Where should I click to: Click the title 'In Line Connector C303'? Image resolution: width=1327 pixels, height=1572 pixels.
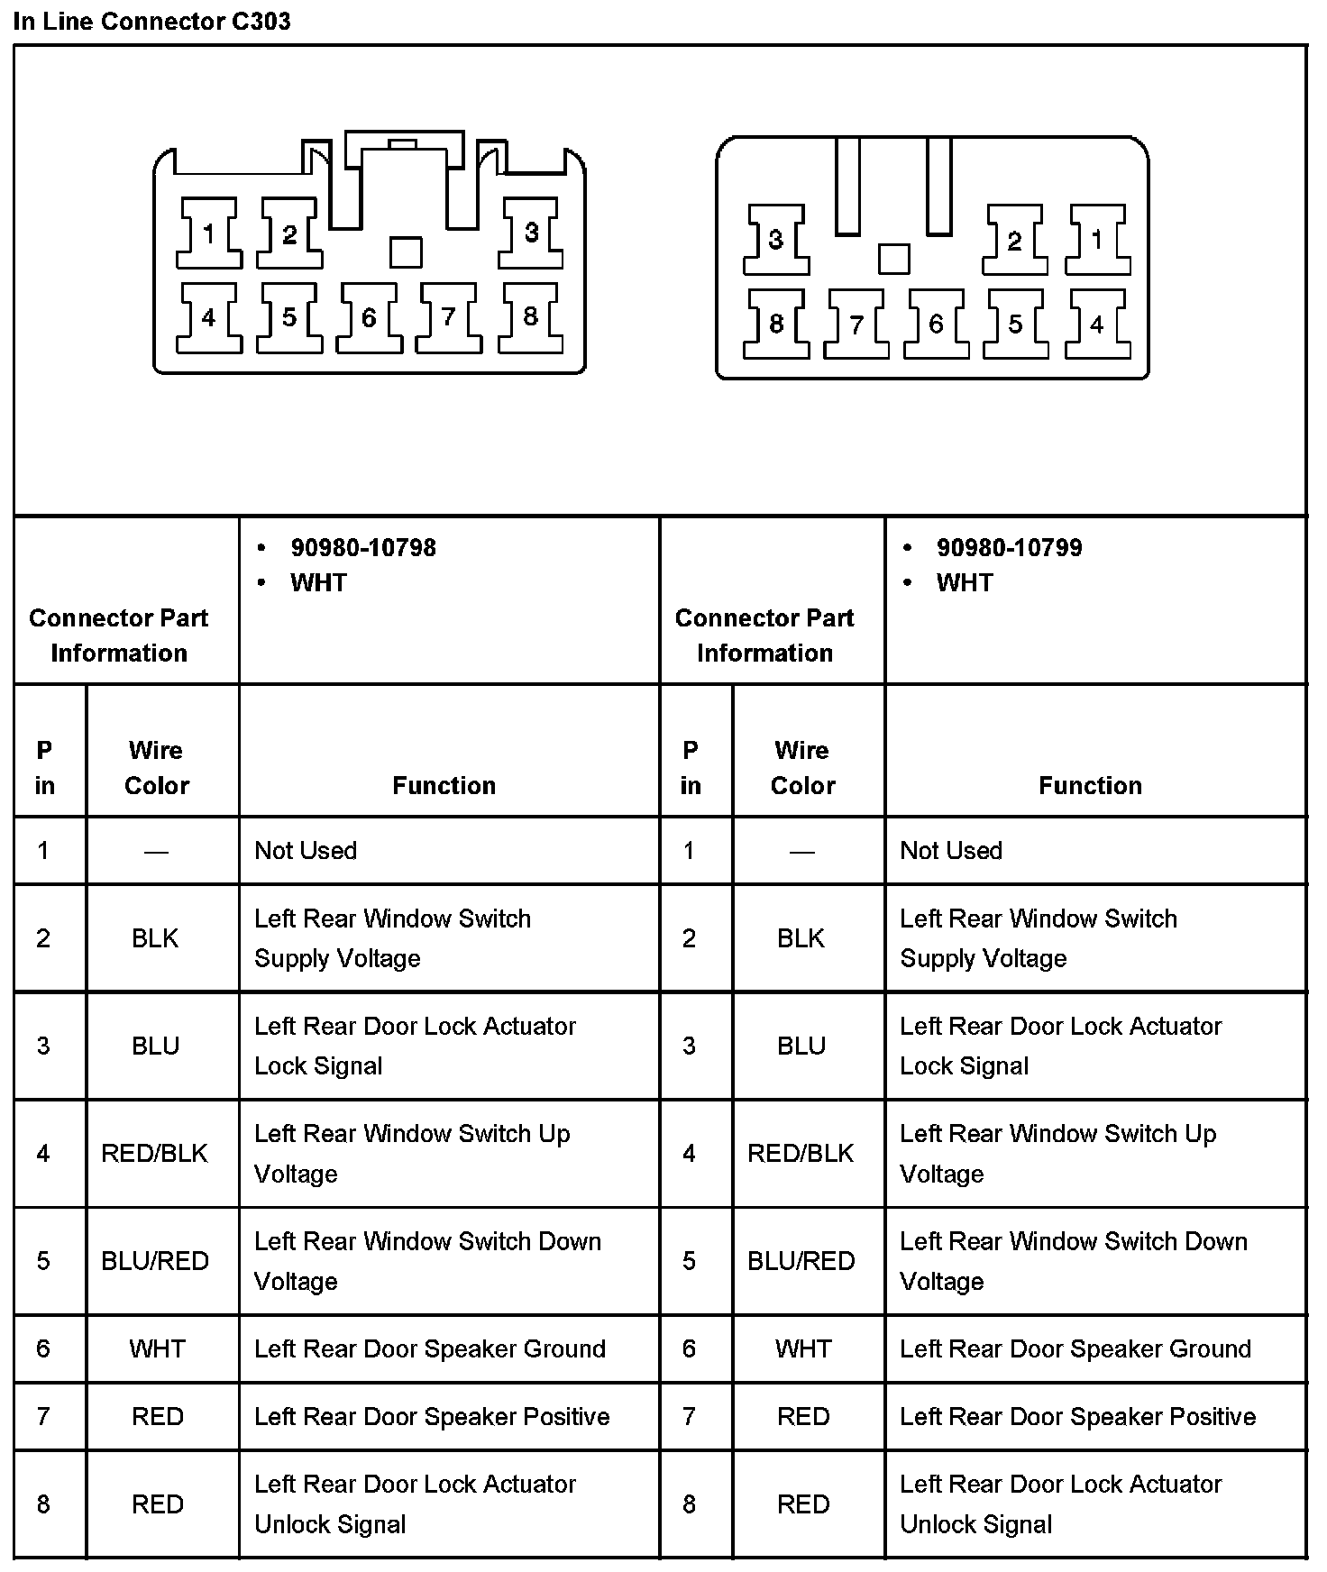pyautogui.click(x=151, y=22)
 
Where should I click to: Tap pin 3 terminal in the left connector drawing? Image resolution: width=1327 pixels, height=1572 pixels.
pyautogui.click(x=532, y=233)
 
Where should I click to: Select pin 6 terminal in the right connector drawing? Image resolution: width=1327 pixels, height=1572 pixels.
pyautogui.click(x=936, y=324)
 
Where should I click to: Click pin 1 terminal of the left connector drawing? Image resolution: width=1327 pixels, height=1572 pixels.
pyautogui.click(x=209, y=234)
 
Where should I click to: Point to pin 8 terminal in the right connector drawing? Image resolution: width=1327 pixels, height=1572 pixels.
pyautogui.click(x=776, y=324)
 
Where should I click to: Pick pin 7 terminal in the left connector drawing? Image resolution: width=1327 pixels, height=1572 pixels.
pyautogui.click(x=449, y=317)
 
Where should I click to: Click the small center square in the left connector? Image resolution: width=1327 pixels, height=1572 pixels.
pyautogui.click(x=406, y=252)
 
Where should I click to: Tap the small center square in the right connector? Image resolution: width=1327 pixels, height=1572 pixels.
pyautogui.click(x=893, y=259)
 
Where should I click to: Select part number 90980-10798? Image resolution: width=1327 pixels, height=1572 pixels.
pyautogui.click(x=363, y=548)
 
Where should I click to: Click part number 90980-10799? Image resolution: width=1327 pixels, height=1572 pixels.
pyautogui.click(x=1009, y=548)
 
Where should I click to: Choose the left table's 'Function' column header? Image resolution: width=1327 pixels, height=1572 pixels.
pyautogui.click(x=444, y=785)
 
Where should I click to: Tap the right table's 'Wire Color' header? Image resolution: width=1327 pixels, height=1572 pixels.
pyautogui.click(x=802, y=767)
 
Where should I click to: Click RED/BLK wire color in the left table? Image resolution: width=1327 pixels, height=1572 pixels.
pyautogui.click(x=155, y=1153)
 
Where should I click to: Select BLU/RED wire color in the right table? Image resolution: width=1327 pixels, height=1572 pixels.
pyautogui.click(x=801, y=1260)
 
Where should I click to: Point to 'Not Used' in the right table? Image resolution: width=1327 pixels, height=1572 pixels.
pyautogui.click(x=951, y=850)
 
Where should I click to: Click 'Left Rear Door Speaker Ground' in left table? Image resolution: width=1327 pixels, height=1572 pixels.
pyautogui.click(x=430, y=1348)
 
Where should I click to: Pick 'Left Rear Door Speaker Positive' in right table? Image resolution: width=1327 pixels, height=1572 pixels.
pyautogui.click(x=1077, y=1416)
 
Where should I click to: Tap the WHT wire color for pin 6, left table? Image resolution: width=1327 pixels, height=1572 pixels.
pyautogui.click(x=157, y=1348)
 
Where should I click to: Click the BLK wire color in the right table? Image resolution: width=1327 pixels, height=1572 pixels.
pyautogui.click(x=801, y=938)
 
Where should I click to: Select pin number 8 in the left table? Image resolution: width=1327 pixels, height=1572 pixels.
pyautogui.click(x=43, y=1503)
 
